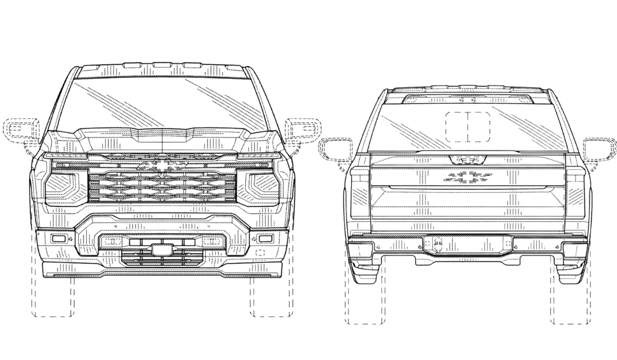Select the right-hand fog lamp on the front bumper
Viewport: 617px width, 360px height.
pyautogui.click(x=265, y=239)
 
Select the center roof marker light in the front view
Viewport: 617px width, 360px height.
pyautogui.click(x=162, y=65)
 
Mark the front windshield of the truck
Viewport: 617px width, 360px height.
pyautogui.click(x=162, y=103)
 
